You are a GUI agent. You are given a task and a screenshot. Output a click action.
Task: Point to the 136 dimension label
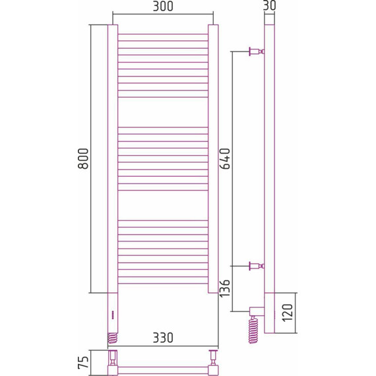[x=224, y=288]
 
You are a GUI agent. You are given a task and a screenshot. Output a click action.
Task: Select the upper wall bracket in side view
[x=255, y=51]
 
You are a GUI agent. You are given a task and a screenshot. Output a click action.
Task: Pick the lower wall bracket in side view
[x=255, y=266]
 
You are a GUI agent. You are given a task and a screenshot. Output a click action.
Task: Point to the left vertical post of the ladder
[x=112, y=158]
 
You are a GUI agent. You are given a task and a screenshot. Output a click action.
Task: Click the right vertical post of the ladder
[x=213, y=158]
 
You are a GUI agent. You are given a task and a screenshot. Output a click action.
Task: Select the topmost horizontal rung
[x=162, y=34]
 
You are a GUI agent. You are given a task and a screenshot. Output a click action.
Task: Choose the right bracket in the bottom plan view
[x=212, y=360]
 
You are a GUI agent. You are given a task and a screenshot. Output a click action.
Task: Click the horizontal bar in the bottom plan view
[x=162, y=368]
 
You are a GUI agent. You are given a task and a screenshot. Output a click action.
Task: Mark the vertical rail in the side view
[x=269, y=158]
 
